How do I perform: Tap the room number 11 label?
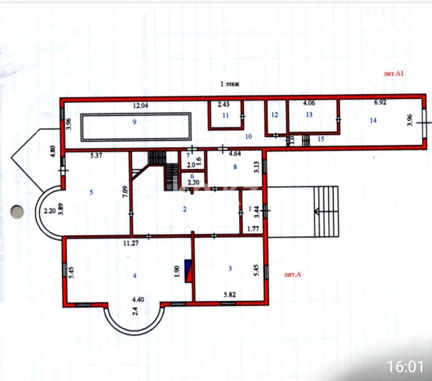click(225, 115)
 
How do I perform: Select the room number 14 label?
click(373, 120)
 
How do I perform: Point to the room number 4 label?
click(135, 276)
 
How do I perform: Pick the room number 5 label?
click(91, 193)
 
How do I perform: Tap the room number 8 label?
click(235, 166)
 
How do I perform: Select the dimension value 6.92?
click(380, 102)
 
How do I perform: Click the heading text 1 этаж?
click(230, 85)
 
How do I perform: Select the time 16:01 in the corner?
click(405, 366)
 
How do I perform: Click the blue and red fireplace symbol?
click(188, 271)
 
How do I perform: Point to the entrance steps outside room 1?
click(326, 211)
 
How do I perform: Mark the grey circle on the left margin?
click(17, 211)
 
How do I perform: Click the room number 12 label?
click(275, 115)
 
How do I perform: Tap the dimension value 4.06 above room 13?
click(309, 103)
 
